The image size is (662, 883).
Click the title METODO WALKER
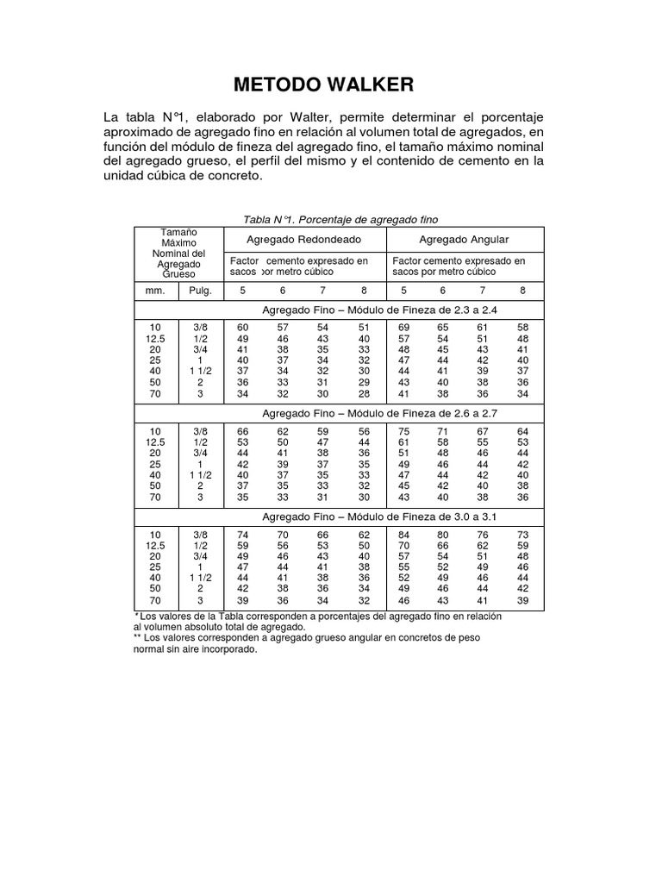(x=324, y=85)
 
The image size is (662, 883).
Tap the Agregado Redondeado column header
(x=303, y=239)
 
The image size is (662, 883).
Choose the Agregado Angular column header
(x=463, y=239)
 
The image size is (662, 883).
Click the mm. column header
(x=155, y=291)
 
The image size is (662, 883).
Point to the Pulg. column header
(x=200, y=291)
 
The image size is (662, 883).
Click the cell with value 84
(x=403, y=535)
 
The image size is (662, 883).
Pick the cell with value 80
(x=443, y=535)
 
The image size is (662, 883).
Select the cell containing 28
(x=364, y=394)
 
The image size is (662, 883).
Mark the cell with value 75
(x=403, y=431)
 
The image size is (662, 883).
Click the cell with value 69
(x=403, y=328)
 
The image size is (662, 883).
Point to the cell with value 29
(x=364, y=381)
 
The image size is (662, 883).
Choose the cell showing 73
(x=522, y=535)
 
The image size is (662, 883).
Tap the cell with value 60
(x=243, y=328)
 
